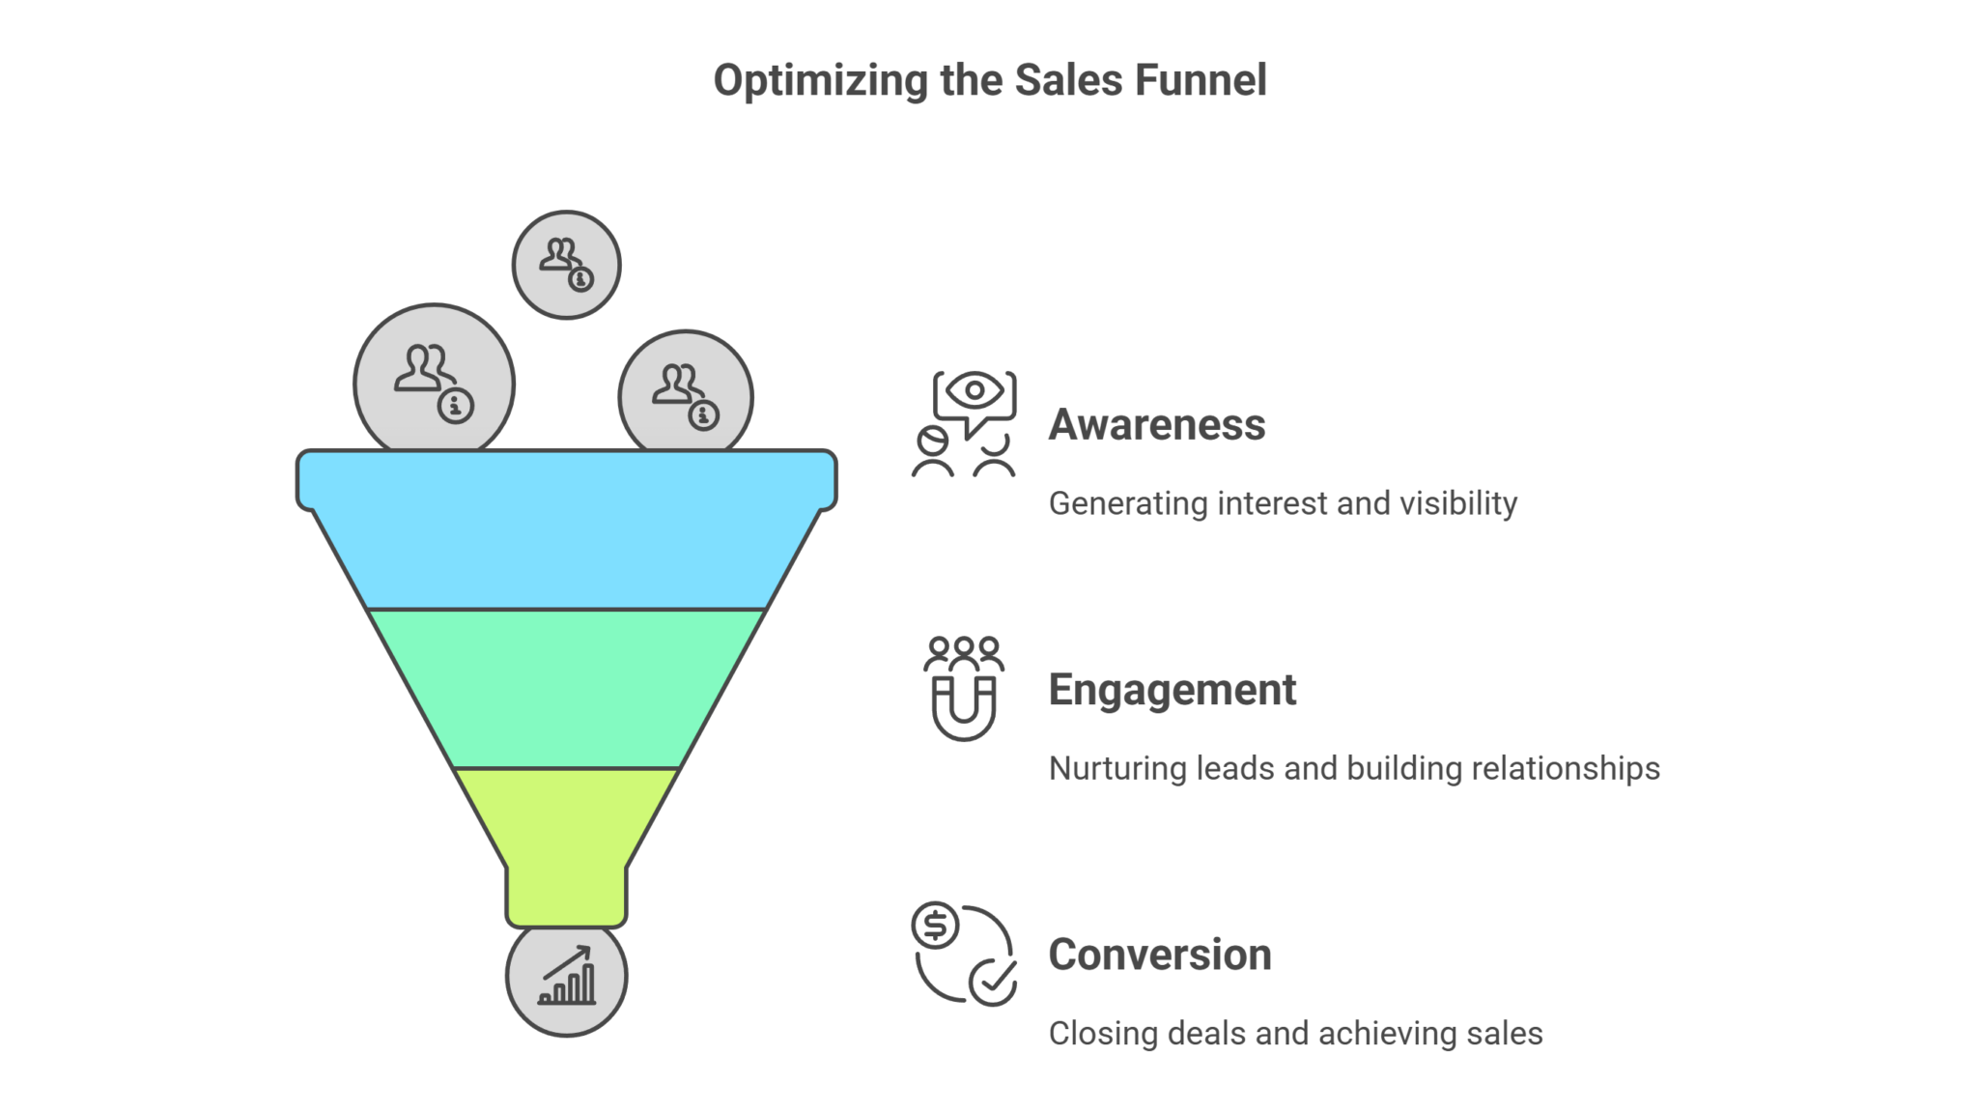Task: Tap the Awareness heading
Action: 1156,425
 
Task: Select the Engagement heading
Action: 1172,690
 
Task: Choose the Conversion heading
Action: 1159,955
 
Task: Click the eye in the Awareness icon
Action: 974,390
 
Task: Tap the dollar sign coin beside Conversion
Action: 935,926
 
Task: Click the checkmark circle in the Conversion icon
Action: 993,982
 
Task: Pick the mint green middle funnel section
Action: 566,688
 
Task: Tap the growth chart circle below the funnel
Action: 566,977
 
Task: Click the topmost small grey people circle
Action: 566,265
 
